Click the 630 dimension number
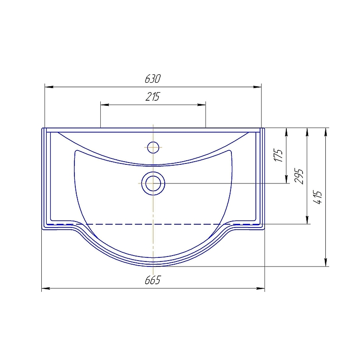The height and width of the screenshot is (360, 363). pos(152,79)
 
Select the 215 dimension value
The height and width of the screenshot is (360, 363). pos(152,97)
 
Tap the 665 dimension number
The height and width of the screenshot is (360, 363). pos(152,280)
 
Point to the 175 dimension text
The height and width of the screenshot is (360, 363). pos(278,155)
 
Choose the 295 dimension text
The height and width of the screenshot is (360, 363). pos(299,176)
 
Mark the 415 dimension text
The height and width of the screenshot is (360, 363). pos(317,197)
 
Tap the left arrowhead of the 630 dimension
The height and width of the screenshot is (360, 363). pos(49,87)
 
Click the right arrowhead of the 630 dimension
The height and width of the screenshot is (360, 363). pos(257,87)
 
